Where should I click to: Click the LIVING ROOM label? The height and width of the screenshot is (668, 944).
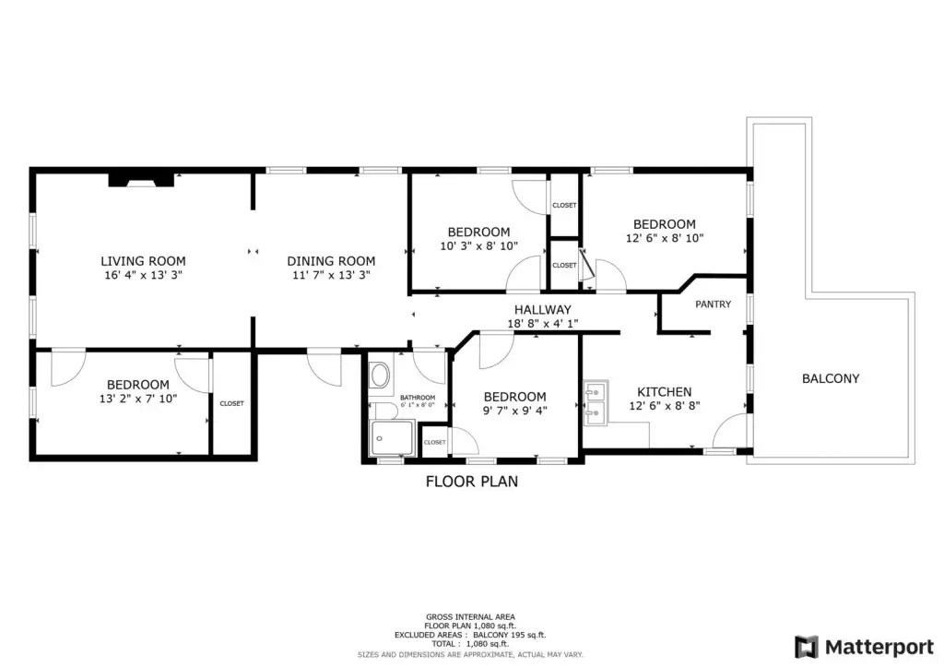click(x=143, y=261)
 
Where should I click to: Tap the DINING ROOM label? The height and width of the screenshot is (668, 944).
click(x=331, y=261)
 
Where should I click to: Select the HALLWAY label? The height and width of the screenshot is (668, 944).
click(x=542, y=310)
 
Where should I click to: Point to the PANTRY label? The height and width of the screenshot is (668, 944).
click(x=714, y=304)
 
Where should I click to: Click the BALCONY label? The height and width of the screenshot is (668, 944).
click(x=831, y=379)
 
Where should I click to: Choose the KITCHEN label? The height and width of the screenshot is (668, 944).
click(x=665, y=392)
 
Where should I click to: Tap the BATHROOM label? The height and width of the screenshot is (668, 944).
click(x=418, y=398)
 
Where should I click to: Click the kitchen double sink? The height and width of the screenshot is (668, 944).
click(x=596, y=402)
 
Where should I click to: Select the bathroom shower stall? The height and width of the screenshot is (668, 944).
click(x=392, y=438)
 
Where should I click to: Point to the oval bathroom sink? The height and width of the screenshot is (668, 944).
click(x=380, y=376)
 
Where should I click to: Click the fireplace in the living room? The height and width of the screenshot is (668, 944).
click(x=141, y=180)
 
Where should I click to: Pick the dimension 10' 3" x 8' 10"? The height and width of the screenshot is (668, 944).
click(x=479, y=246)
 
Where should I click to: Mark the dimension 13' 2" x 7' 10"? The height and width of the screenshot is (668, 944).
click(x=138, y=399)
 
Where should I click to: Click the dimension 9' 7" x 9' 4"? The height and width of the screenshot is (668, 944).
click(x=514, y=411)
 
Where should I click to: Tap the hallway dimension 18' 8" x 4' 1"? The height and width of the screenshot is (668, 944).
click(x=543, y=324)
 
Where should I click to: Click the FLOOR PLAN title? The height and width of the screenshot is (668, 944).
click(x=472, y=482)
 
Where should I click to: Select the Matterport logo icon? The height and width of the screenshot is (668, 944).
click(x=807, y=647)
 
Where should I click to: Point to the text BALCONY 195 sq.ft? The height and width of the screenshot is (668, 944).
click(x=509, y=635)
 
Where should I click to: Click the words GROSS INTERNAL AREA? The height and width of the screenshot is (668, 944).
click(x=471, y=617)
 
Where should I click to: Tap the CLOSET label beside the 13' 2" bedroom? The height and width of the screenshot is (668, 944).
click(x=231, y=403)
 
